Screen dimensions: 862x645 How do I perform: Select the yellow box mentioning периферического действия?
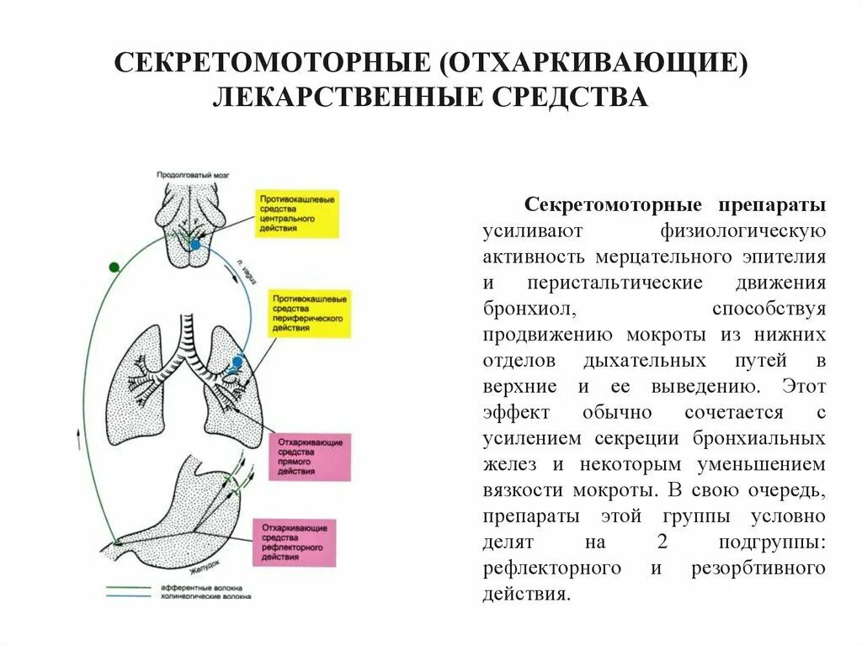coord(310,314)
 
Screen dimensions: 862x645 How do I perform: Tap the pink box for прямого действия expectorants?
coord(310,457)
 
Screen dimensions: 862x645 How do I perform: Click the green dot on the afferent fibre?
coord(114,267)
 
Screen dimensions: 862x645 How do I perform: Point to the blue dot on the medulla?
coord(195,245)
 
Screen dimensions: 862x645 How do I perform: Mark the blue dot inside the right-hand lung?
coord(237,362)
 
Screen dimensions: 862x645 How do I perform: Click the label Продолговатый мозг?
coord(193,176)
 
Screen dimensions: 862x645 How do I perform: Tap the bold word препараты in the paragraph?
coord(772,206)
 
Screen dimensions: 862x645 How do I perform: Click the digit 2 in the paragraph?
coord(652,542)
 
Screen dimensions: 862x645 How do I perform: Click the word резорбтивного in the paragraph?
coord(757,568)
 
